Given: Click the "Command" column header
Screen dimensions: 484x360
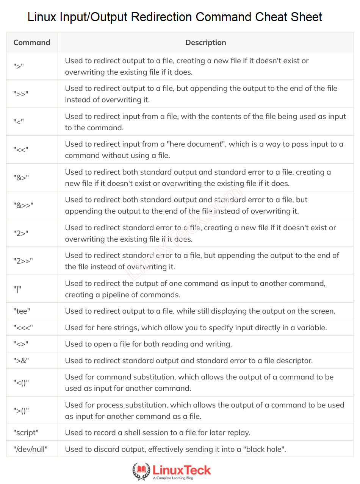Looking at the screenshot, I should [x=32, y=42].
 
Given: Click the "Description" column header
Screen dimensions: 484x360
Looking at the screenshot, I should [x=205, y=42].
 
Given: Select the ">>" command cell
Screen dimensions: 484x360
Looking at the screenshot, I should [x=21, y=94].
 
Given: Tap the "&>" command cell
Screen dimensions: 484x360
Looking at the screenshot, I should [x=21, y=177].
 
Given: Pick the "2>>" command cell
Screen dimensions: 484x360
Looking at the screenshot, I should [x=23, y=261].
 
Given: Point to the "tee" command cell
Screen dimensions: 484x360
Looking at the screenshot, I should [x=22, y=311].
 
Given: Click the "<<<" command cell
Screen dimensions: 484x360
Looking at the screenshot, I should [x=23, y=328].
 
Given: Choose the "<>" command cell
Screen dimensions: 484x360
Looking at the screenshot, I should [x=21, y=344].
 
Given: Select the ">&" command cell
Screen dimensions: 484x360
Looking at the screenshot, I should [x=21, y=361].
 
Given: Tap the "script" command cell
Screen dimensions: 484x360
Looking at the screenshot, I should [x=26, y=432].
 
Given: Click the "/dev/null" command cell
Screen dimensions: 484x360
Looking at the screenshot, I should [x=30, y=450].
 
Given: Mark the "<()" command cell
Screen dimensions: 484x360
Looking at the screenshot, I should [x=21, y=383].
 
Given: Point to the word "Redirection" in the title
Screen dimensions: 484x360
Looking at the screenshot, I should [x=162, y=17].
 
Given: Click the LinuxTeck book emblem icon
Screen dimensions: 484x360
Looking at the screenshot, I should [x=141, y=471].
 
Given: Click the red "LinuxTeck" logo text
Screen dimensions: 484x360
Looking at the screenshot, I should [x=182, y=470].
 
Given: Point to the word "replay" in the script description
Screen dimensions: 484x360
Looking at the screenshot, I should [x=239, y=432].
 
